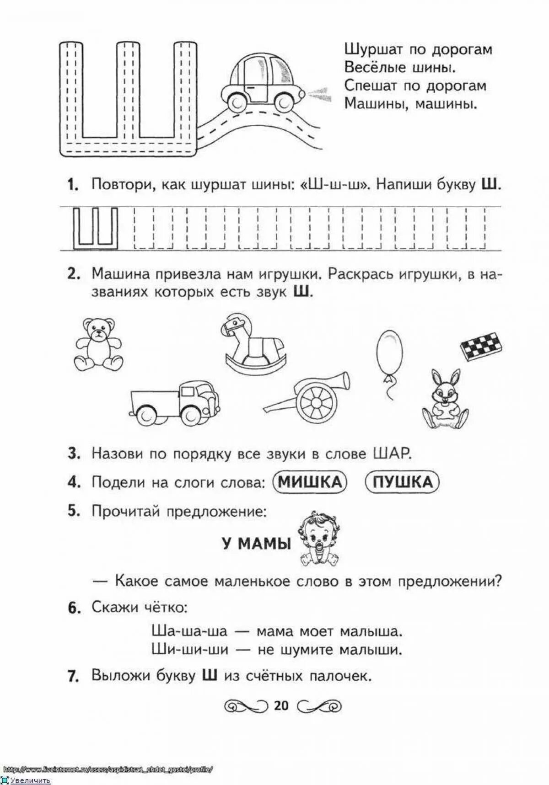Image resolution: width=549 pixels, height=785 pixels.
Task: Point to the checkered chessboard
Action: [481, 346]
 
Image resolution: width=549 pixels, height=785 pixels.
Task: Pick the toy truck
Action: [175, 403]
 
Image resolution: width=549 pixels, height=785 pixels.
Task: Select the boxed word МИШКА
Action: [310, 482]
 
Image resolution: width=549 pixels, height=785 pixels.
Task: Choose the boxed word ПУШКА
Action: [402, 482]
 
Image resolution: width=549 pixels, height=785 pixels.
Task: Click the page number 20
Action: [281, 705]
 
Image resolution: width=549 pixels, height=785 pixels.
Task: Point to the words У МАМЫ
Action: [257, 543]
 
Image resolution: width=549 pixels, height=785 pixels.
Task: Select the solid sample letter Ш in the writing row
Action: [96, 227]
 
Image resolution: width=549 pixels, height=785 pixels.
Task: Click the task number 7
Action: [73, 676]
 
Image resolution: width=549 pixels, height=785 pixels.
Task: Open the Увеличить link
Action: [30, 780]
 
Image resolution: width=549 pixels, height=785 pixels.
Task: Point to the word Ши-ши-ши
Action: [189, 649]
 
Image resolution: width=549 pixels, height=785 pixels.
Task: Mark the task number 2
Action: [73, 274]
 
